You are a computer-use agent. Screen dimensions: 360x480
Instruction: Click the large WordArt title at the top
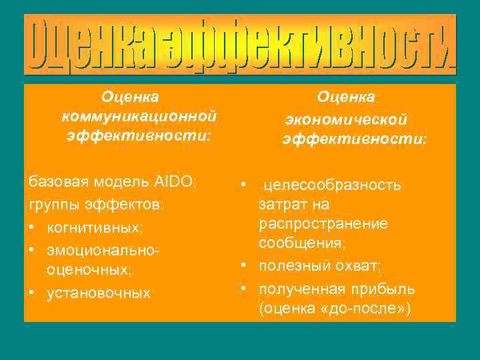point(240,45)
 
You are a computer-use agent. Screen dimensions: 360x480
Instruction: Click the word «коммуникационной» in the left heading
point(139,117)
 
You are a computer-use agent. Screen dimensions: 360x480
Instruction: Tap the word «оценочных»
point(88,270)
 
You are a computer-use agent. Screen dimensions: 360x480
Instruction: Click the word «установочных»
point(99,293)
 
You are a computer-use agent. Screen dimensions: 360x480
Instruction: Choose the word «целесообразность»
point(333,183)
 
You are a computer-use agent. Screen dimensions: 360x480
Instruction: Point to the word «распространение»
point(323,223)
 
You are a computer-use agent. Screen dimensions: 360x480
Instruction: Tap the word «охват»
point(352,266)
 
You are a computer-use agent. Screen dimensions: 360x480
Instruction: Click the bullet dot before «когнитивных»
point(32,227)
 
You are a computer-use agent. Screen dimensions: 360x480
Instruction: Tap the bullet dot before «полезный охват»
point(245,266)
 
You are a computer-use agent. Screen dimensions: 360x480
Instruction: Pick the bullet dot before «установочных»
point(32,293)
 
